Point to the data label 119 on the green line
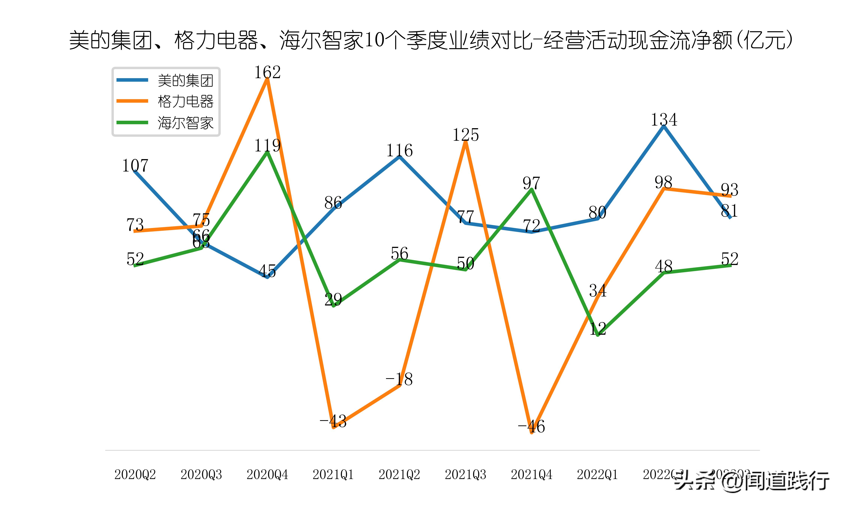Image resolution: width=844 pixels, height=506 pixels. (x=267, y=146)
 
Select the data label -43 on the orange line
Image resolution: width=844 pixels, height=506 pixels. (x=333, y=421)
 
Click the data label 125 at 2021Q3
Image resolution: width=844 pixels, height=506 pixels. (x=466, y=135)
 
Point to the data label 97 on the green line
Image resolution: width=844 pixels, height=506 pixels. (x=532, y=183)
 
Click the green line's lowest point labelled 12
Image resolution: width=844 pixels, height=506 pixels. (x=598, y=335)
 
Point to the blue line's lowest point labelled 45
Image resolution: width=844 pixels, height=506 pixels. (x=267, y=277)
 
